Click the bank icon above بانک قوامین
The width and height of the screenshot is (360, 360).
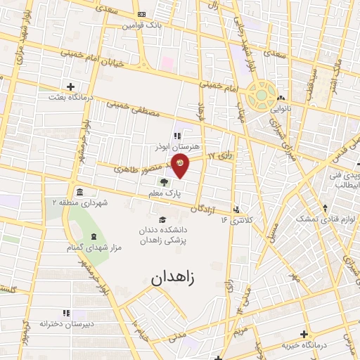141,14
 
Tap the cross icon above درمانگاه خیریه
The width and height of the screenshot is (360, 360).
304,335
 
